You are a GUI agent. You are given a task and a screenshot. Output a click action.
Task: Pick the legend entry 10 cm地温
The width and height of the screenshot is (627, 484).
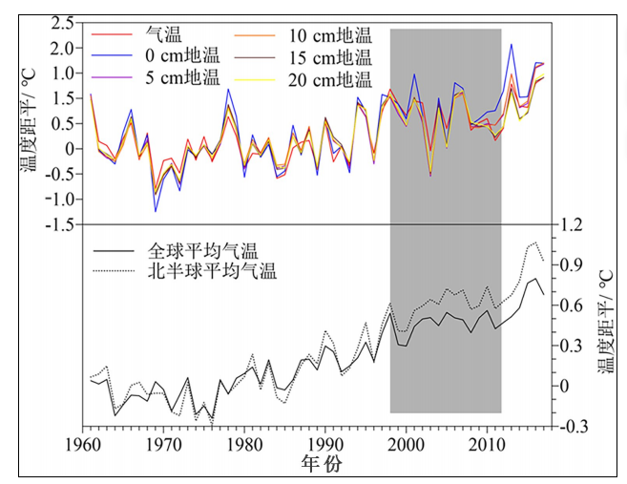coord(329,35)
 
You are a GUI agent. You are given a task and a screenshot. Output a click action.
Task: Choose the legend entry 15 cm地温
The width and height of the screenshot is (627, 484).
coord(329,56)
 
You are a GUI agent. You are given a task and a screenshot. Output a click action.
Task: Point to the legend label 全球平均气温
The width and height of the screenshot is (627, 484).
coord(202,250)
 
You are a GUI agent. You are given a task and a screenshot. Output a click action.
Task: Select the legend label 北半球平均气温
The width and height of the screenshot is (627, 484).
coord(211,271)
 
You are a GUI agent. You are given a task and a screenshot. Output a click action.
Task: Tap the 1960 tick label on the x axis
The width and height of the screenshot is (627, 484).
coord(81,444)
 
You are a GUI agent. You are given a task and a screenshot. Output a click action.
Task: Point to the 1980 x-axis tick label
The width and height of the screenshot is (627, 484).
coord(244,444)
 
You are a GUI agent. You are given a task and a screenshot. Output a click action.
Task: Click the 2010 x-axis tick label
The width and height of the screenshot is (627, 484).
coord(489,444)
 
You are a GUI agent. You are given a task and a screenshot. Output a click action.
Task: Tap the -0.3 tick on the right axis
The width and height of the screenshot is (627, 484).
coord(574,427)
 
